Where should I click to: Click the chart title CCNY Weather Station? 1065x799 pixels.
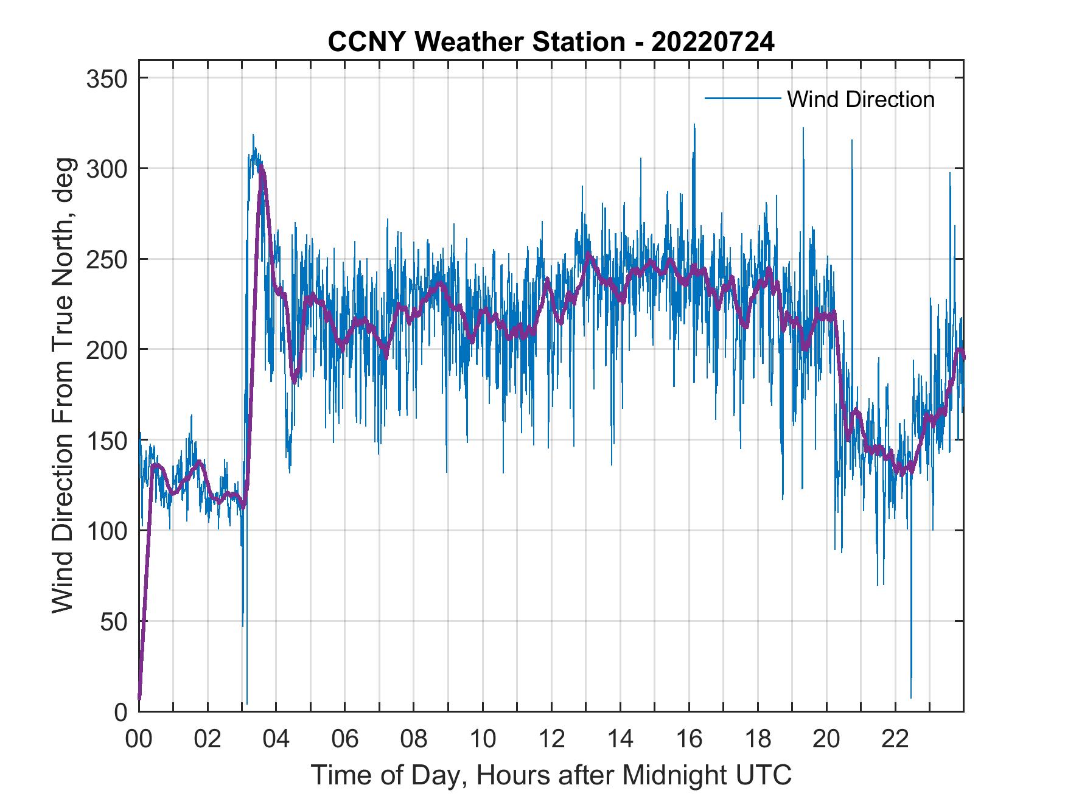551,42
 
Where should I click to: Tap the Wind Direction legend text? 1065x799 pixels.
861,99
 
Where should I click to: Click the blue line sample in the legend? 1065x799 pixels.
742,99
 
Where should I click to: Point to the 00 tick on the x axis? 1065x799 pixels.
139,739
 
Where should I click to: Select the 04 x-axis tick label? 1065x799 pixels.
276,739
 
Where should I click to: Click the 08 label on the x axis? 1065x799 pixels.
414,739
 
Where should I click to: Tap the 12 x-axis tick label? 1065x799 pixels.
551,739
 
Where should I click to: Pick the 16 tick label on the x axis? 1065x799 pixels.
689,739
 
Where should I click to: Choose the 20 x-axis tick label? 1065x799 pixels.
826,739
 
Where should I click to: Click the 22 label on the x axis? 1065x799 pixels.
895,739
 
